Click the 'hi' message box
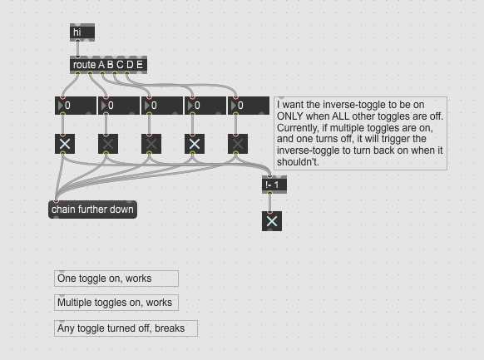click(x=82, y=32)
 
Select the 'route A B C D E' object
click(x=108, y=65)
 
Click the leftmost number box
click(x=76, y=106)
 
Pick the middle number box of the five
click(x=161, y=106)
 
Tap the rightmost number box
click(x=248, y=106)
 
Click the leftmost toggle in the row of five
click(x=65, y=144)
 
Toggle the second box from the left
click(x=108, y=144)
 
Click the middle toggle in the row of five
click(x=151, y=144)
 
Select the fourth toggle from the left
click(x=195, y=144)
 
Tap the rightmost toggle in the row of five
click(x=238, y=144)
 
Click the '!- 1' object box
click(x=274, y=185)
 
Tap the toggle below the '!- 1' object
click(x=272, y=221)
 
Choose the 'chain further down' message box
click(x=92, y=210)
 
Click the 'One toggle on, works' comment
click(x=116, y=279)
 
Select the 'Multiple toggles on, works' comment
click(x=116, y=303)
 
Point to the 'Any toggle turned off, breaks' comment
click(x=126, y=328)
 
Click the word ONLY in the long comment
click(x=289, y=116)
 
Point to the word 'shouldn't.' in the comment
click(x=298, y=162)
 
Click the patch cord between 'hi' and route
click(x=77, y=48)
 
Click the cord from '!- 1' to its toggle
click(x=270, y=203)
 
